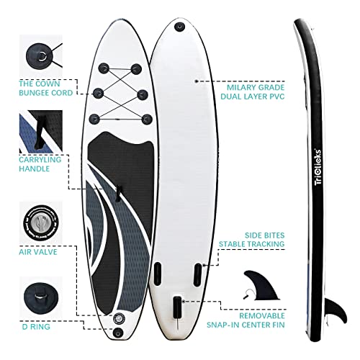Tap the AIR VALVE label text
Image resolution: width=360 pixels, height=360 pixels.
tap(38, 252)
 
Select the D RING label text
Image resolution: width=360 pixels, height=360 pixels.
tap(36, 327)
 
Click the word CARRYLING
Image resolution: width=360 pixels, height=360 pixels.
tap(40, 160)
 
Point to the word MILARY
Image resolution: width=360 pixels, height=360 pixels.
tap(242, 87)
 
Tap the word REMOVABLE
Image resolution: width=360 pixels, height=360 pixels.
tap(262, 315)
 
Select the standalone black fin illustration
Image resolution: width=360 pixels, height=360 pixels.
tap(261, 286)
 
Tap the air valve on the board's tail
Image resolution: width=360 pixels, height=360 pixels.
tap(119, 318)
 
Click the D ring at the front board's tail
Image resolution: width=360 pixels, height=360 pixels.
tap(118, 333)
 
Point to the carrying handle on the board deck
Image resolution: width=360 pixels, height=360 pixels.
tap(118, 194)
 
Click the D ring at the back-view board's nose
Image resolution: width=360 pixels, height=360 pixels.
tap(179, 26)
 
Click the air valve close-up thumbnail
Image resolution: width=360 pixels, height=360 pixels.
tap(41, 222)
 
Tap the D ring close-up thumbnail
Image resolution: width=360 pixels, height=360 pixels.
tap(41, 297)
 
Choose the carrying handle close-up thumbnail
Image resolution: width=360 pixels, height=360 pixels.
tap(41, 132)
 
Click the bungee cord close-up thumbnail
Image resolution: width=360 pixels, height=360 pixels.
tap(41, 56)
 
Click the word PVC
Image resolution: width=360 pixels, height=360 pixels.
tap(276, 96)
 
